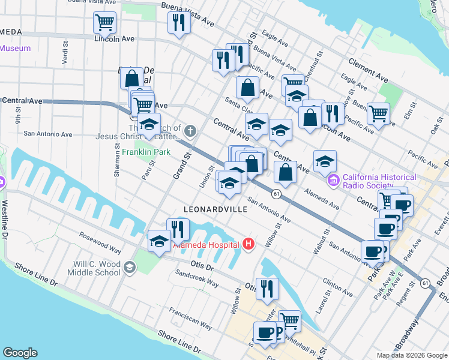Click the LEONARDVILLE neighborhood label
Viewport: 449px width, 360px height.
pyautogui.click(x=215, y=209)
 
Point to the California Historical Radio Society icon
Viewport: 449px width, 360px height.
pyautogui.click(x=333, y=179)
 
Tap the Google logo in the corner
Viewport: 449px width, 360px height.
pyautogui.click(x=20, y=353)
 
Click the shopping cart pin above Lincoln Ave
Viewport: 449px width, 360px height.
pyautogui.click(x=104, y=23)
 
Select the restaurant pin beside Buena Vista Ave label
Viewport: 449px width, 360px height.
pyautogui.click(x=178, y=23)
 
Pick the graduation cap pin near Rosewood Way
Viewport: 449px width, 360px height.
pyautogui.click(x=158, y=242)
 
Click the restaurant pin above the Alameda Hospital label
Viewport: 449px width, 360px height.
pyautogui.click(x=178, y=229)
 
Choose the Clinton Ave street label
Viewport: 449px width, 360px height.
pyautogui.click(x=337, y=286)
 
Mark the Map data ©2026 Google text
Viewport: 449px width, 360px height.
pyautogui.click(x=411, y=355)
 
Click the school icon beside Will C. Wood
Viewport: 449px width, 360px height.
pyautogui.click(x=129, y=268)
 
